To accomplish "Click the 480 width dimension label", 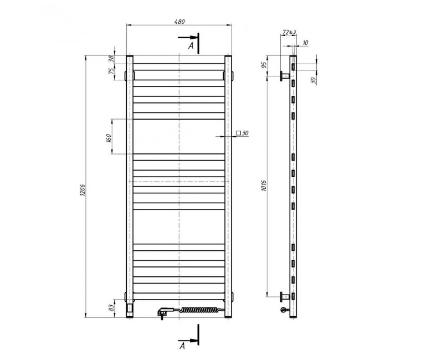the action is click(x=179, y=22).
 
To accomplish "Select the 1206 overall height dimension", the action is click(x=83, y=190).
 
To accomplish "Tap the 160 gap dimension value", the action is click(x=109, y=138).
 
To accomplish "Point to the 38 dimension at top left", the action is click(x=111, y=59).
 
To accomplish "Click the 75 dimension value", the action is click(x=111, y=70).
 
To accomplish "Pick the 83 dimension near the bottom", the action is click(x=111, y=308).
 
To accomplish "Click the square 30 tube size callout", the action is click(x=242, y=133).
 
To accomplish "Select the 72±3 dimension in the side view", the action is click(x=289, y=32).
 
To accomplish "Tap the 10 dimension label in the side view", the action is click(x=305, y=43).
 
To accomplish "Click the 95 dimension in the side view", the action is click(x=264, y=65).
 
